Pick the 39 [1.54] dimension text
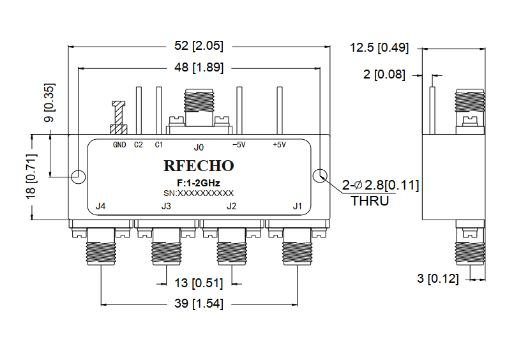(198, 304)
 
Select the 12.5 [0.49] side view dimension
(379, 47)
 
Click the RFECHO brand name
(199, 166)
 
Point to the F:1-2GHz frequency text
(199, 183)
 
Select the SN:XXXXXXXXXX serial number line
(199, 193)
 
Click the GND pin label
(119, 145)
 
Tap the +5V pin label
(279, 145)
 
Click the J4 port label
(100, 206)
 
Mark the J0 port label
(199, 147)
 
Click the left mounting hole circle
(78, 176)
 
